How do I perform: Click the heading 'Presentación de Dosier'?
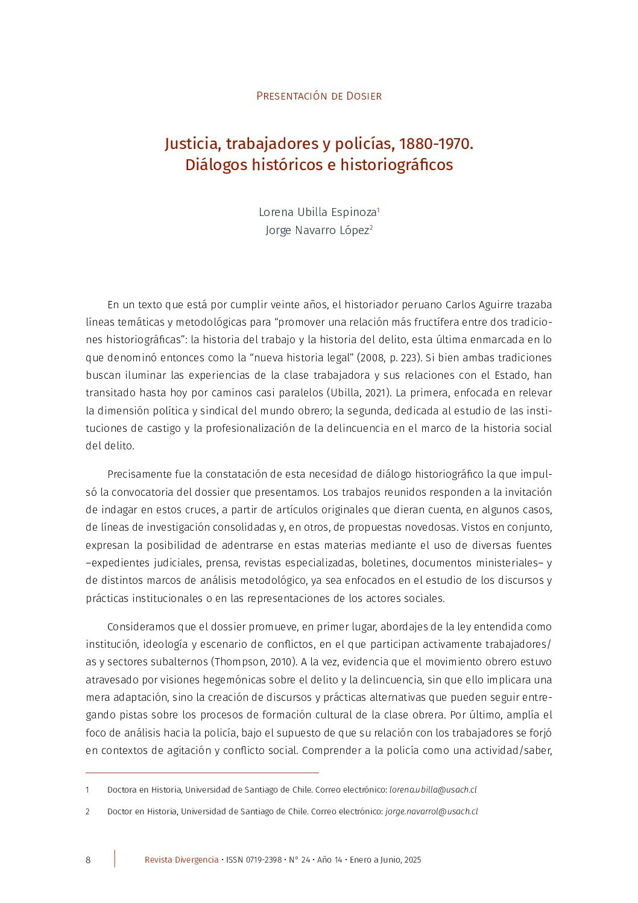318,96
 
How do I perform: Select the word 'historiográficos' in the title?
396,165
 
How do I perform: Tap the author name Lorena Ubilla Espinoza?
317,212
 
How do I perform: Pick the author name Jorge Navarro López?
317,230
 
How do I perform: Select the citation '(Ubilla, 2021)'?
359,393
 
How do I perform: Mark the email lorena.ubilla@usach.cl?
433,790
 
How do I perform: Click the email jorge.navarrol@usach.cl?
431,811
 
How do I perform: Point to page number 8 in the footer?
88,860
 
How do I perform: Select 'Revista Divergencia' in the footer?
182,860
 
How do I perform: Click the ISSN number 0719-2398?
264,860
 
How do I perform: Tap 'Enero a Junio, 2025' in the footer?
385,860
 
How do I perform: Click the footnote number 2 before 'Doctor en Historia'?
87,811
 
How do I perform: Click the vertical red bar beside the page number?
115,858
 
